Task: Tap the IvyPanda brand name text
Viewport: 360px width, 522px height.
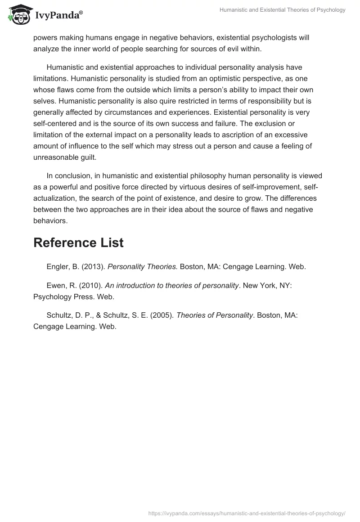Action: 59,16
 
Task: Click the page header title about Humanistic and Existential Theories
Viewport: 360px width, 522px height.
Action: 283,10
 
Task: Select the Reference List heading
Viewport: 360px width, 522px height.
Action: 78,243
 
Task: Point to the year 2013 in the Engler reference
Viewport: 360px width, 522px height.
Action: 95,266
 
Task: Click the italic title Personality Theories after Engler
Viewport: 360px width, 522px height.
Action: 143,266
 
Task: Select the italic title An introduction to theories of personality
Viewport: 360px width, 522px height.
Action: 171,285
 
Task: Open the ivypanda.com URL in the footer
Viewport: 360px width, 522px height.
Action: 247,513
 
